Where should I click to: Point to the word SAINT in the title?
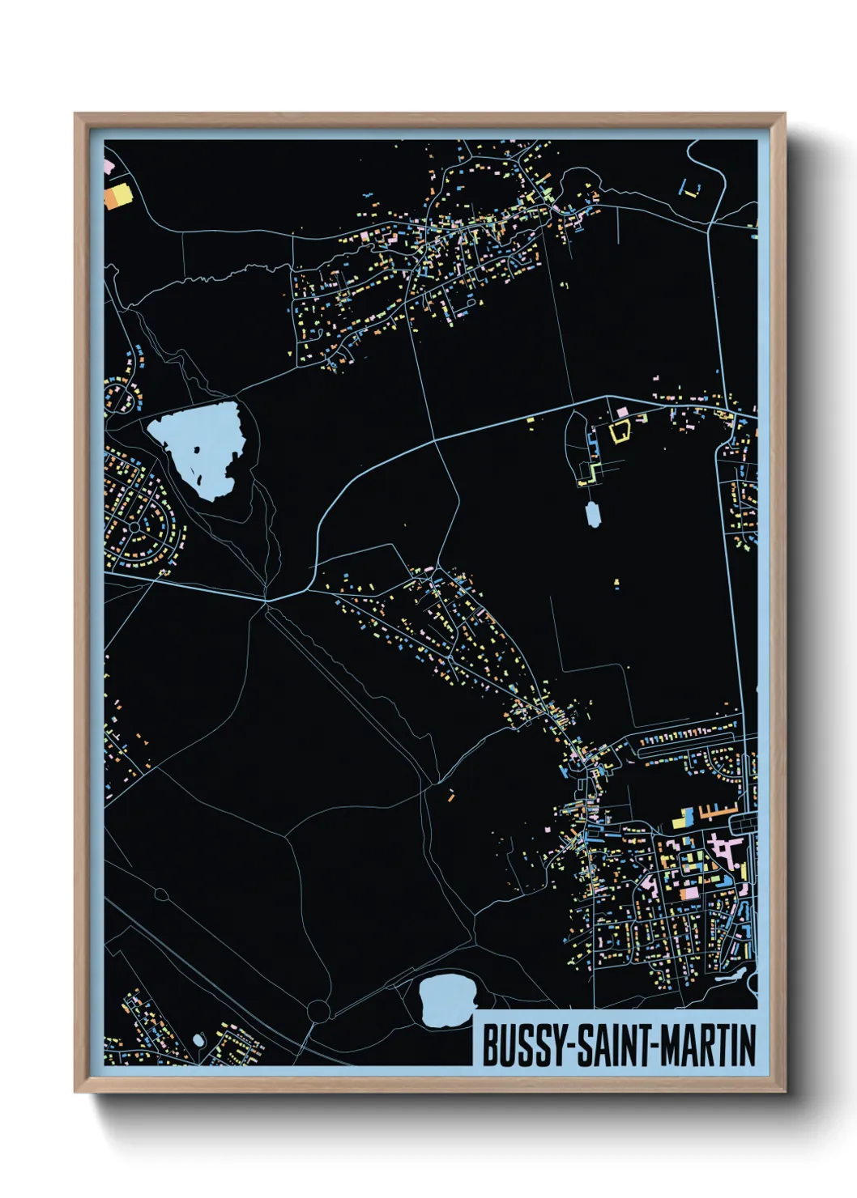[615, 1045]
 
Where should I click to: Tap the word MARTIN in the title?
[708, 1045]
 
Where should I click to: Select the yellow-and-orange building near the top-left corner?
[117, 197]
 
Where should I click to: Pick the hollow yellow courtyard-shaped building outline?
[620, 431]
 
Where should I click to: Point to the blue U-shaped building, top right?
[690, 191]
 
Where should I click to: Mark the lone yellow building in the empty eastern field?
[616, 583]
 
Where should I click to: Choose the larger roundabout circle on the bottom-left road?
[318, 1010]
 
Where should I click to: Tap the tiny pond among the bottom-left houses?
[198, 1039]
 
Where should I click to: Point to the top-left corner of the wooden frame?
[75, 114]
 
